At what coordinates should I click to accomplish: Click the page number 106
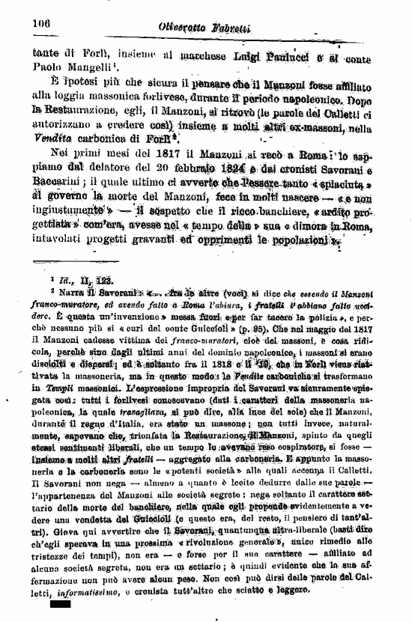point(40,23)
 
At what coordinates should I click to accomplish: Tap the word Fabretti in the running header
point(228,28)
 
